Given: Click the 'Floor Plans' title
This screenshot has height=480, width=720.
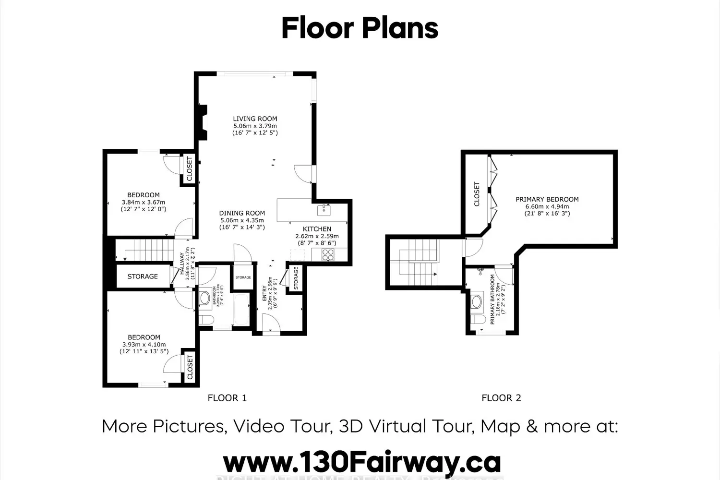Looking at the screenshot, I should [360, 28].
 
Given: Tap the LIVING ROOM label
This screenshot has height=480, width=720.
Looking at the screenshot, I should [255, 119].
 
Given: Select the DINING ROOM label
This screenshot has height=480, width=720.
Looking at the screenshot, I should [242, 213].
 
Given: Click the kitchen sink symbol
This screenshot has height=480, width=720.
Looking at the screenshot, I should [324, 210].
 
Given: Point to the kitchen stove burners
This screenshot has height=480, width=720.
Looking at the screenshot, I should [328, 255].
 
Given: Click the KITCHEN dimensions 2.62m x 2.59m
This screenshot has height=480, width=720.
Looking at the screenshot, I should [317, 236].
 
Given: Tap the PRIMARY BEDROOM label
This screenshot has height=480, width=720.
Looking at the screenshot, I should [547, 199].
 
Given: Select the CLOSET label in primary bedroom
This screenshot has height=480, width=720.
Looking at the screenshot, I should [477, 194].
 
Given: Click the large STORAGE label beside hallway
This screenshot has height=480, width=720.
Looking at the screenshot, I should [143, 276].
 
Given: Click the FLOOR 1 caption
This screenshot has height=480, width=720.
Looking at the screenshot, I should [227, 398].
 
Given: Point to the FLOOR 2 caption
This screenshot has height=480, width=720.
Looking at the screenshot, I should [501, 398].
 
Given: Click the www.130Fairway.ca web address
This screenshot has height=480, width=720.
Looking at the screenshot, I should [362, 463].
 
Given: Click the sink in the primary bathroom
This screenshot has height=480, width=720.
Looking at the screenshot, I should [477, 301].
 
